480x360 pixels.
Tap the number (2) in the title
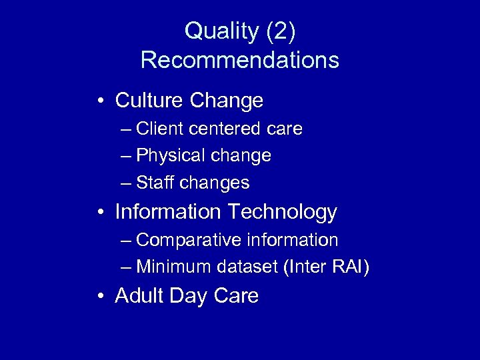coord(280,31)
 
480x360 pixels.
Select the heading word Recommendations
coord(240,60)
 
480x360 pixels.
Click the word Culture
coord(150,101)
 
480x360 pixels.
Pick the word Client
coord(160,129)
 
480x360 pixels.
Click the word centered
coord(227,129)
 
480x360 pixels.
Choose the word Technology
coord(283,212)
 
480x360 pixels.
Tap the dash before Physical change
coord(127,157)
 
